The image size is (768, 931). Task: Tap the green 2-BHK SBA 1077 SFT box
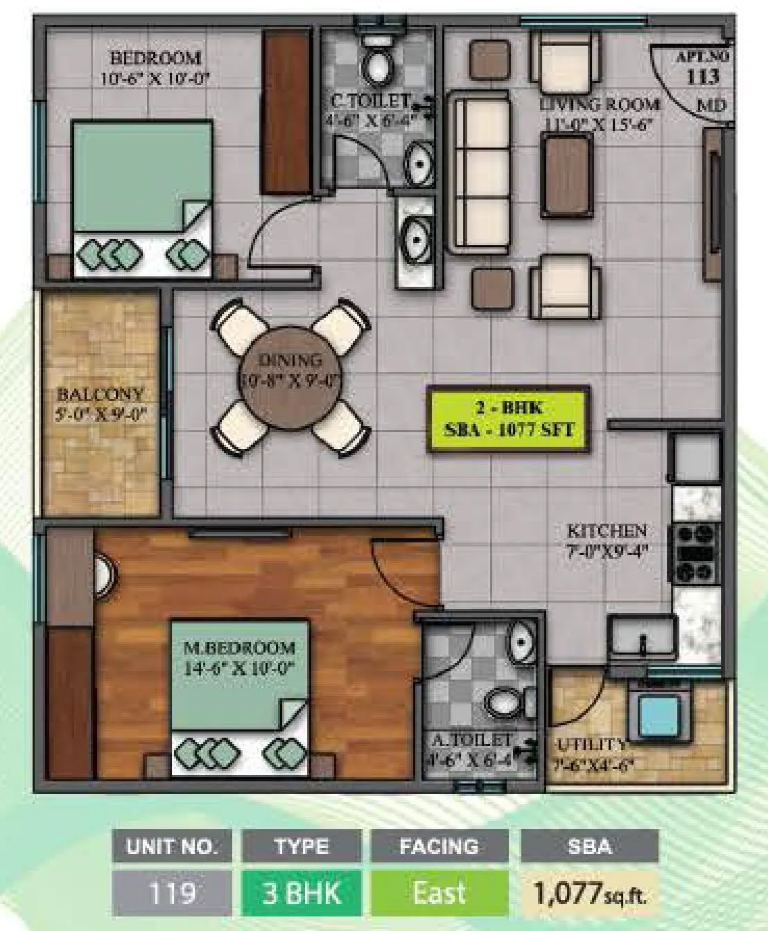point(509,419)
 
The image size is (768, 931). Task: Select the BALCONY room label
point(101,395)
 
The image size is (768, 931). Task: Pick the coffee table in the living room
point(568,176)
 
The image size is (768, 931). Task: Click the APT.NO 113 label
point(700,68)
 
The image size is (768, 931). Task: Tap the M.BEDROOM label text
point(240,649)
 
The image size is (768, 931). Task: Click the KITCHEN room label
point(606,531)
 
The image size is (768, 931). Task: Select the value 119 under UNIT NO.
point(171,892)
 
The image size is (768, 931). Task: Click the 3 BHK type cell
point(302,892)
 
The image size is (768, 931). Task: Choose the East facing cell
point(439,892)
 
